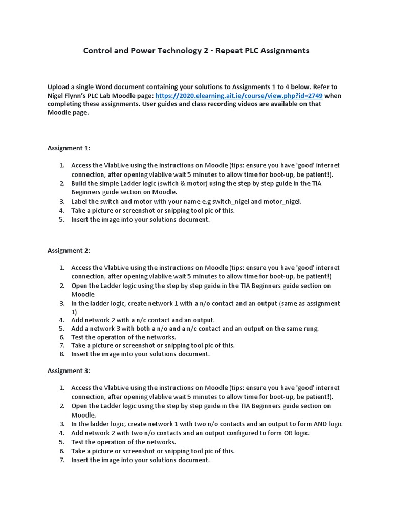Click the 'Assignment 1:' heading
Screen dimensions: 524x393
(69, 148)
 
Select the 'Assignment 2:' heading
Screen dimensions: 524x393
(69, 250)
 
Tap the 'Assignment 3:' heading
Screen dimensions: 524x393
(69, 370)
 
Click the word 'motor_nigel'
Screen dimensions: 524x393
(282, 201)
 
